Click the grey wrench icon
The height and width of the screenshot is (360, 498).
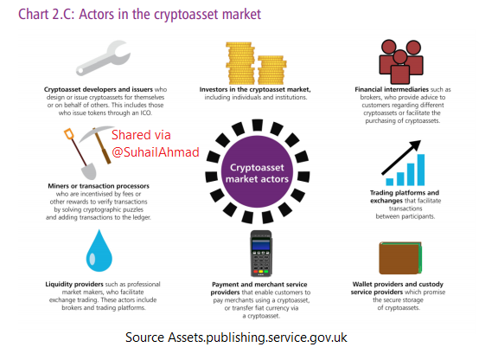[x=103, y=59]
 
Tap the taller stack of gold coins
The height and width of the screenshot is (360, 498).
[x=240, y=63]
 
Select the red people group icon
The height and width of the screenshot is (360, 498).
[x=401, y=61]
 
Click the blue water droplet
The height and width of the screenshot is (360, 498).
[x=99, y=251]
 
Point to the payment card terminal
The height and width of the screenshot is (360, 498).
[x=261, y=254]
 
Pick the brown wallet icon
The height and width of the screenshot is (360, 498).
[x=400, y=258]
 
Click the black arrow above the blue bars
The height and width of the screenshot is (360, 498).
[x=401, y=157]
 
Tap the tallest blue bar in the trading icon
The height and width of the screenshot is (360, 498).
[x=421, y=170]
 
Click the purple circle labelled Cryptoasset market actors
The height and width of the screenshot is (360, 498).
[x=258, y=171]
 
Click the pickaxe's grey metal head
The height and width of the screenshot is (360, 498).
[x=95, y=133]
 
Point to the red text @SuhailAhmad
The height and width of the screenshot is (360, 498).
[x=156, y=152]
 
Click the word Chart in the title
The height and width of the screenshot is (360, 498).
[x=34, y=15]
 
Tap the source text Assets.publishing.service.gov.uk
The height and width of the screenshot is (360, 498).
[x=258, y=337]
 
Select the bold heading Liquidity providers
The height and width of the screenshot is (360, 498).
[x=74, y=284]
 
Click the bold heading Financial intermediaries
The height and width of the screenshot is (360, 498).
[x=392, y=89]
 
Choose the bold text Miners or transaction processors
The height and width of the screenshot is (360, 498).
[x=99, y=186]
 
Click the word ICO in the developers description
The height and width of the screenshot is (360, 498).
[x=146, y=112]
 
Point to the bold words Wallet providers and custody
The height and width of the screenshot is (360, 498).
[x=398, y=284]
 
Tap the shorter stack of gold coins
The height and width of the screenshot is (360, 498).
[x=271, y=70]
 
